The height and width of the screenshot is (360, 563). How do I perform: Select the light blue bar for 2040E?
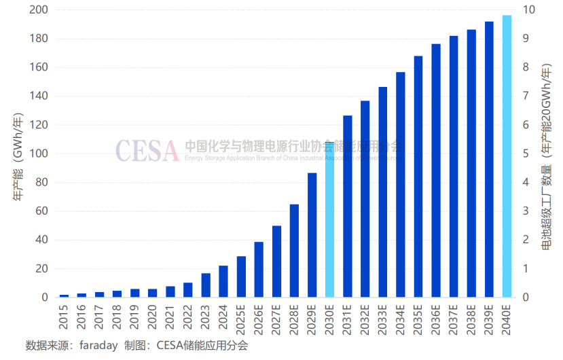click(507, 156)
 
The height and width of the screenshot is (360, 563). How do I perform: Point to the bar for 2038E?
click(471, 164)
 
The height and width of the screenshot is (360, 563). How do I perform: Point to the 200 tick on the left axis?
click(39, 10)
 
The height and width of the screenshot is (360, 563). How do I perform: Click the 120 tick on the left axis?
click(39, 125)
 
